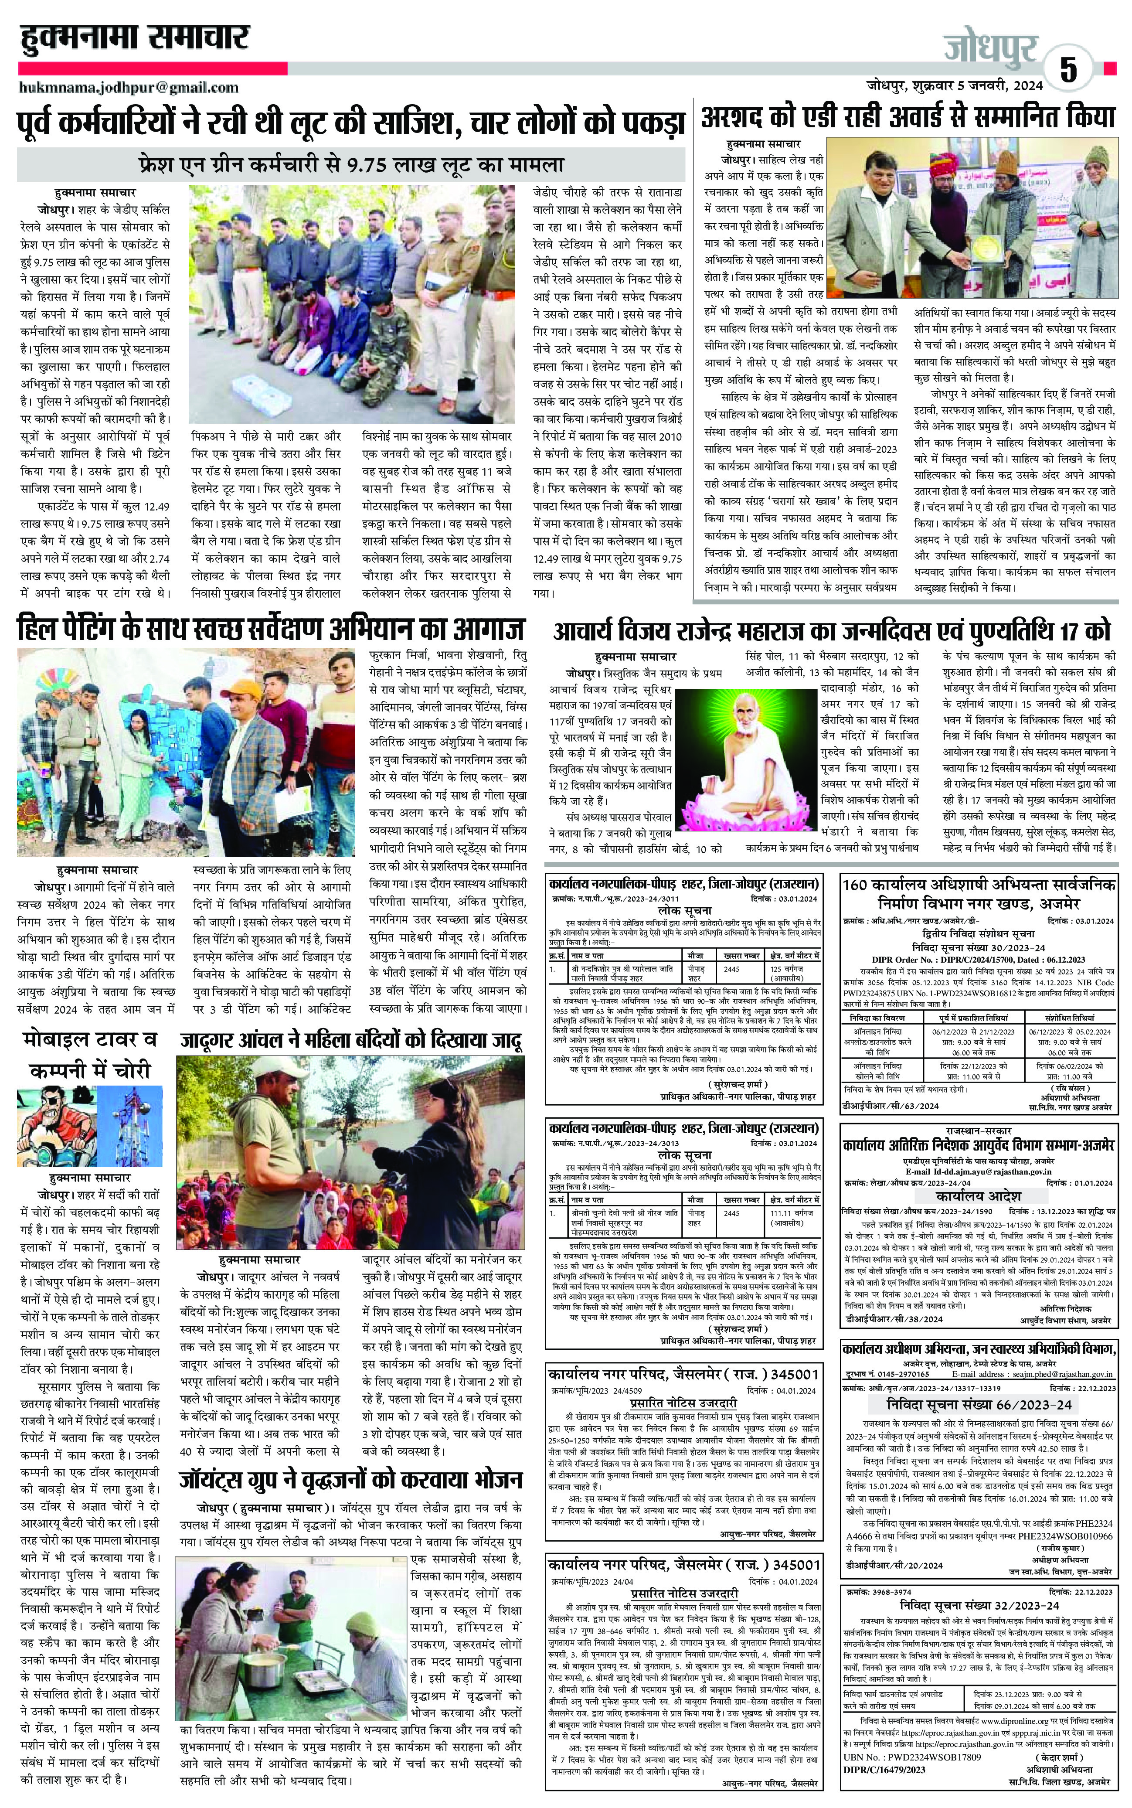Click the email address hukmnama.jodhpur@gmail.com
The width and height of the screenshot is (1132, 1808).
(x=129, y=88)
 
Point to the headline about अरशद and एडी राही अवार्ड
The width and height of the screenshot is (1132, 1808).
(x=908, y=118)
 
